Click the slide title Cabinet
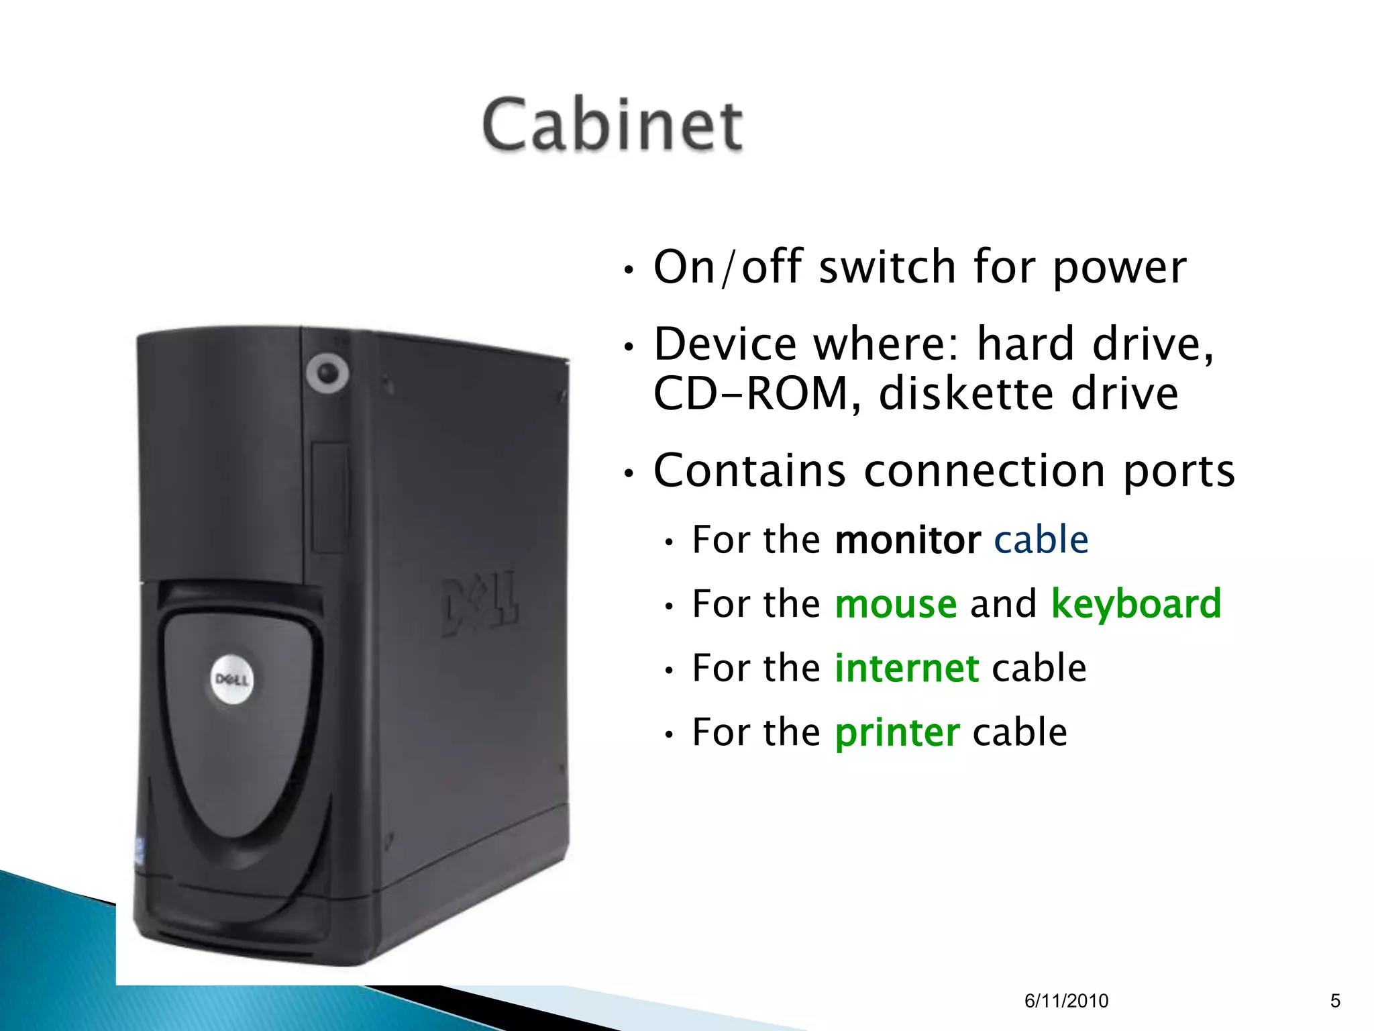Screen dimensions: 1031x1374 pos(612,125)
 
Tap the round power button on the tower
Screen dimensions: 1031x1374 pos(327,373)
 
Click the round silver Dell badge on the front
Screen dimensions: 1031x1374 pos(232,679)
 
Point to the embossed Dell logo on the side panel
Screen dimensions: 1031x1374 pos(480,603)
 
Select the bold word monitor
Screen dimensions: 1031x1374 pos(908,540)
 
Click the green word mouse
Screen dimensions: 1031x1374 pos(896,604)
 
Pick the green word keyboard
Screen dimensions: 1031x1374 pos(1136,604)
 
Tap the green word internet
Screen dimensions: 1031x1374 pos(906,669)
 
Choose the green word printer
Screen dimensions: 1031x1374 pos(897,732)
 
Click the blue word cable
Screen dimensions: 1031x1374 pos(1041,540)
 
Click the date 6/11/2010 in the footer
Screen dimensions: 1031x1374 pos(1066,1001)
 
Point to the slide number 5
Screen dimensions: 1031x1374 pos(1335,1001)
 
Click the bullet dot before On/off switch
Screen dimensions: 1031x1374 pos(629,271)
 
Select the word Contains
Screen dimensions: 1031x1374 pos(749,471)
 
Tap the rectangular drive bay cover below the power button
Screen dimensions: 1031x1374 pos(329,497)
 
